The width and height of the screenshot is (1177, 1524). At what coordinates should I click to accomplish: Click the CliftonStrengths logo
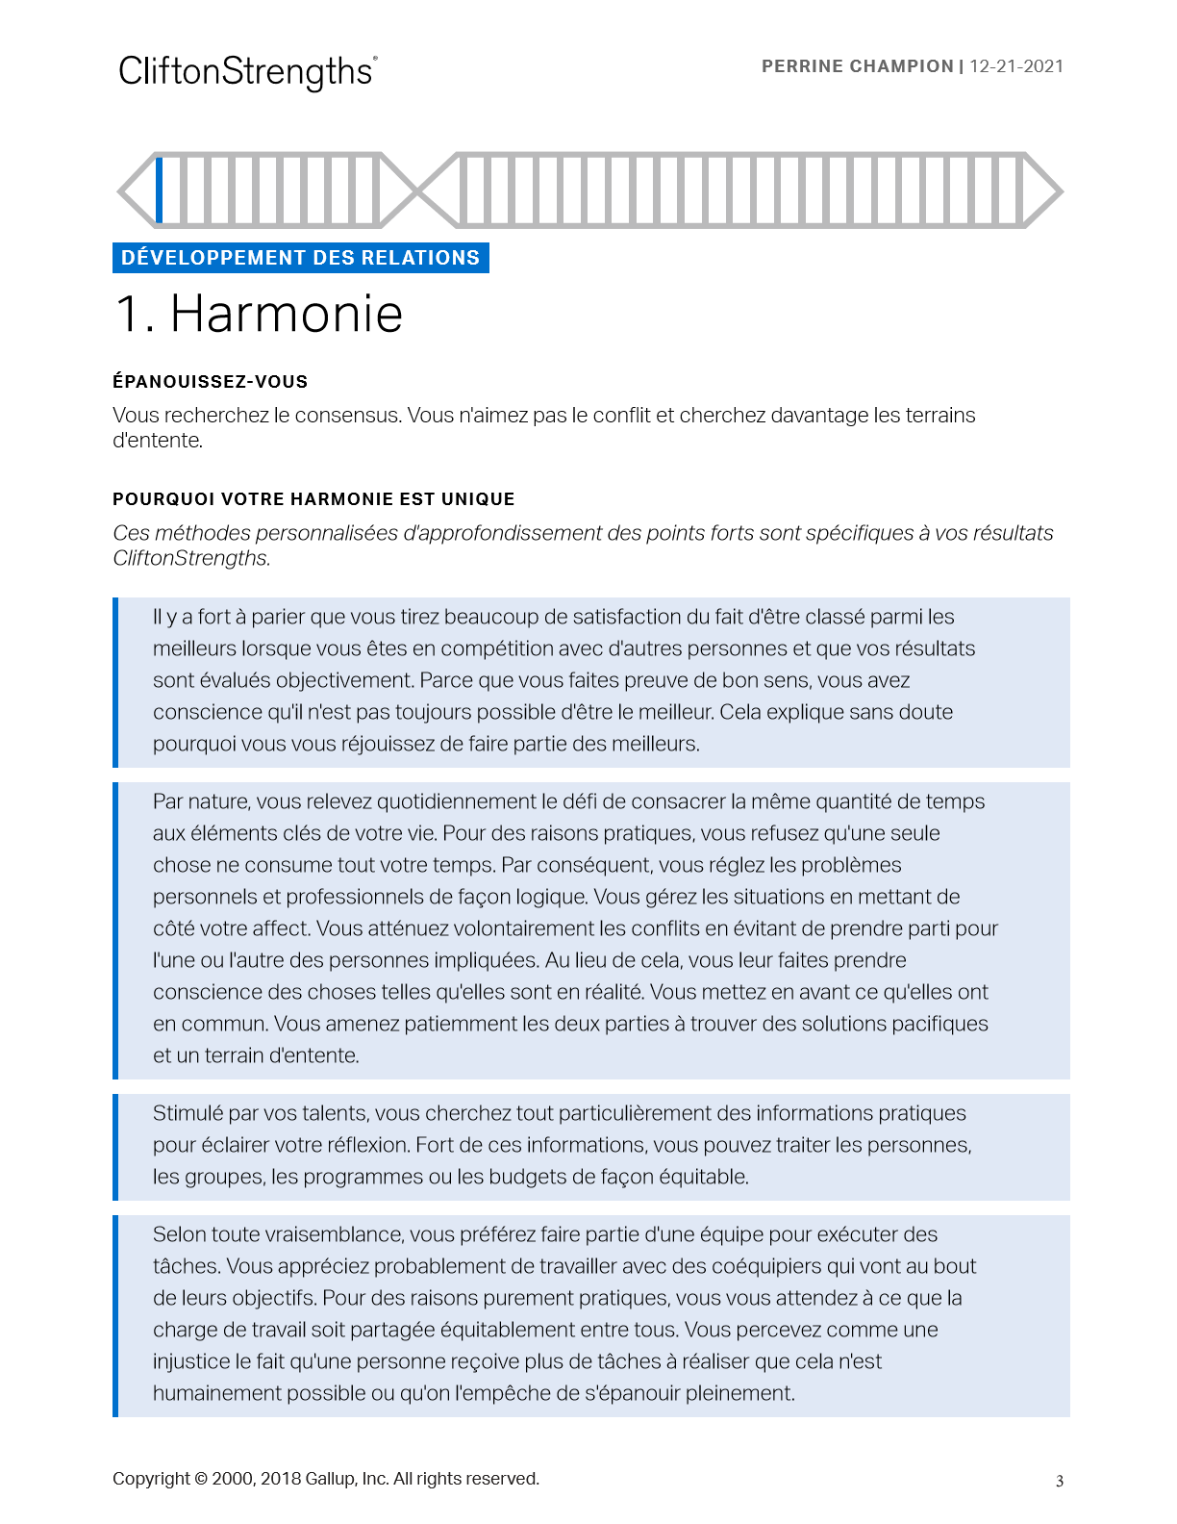click(x=247, y=72)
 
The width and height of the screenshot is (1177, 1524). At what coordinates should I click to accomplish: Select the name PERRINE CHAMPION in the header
click(x=857, y=66)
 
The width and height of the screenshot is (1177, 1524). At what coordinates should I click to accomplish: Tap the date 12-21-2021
click(x=1016, y=66)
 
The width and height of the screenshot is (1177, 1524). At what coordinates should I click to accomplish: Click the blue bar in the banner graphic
click(x=160, y=190)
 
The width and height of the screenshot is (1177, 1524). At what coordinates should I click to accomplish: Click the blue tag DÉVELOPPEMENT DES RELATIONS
click(x=300, y=258)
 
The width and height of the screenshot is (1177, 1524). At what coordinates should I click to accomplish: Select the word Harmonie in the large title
click(x=286, y=314)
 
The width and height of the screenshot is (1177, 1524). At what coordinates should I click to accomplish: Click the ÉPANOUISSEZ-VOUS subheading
click(x=210, y=382)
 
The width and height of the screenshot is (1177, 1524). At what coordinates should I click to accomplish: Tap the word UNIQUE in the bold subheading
click(x=478, y=499)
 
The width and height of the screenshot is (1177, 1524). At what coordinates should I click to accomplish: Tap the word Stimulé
click(x=188, y=1113)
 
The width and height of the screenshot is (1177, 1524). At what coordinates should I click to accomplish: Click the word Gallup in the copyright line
click(x=330, y=1479)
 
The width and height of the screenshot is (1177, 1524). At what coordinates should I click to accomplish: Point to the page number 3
click(x=1060, y=1482)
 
